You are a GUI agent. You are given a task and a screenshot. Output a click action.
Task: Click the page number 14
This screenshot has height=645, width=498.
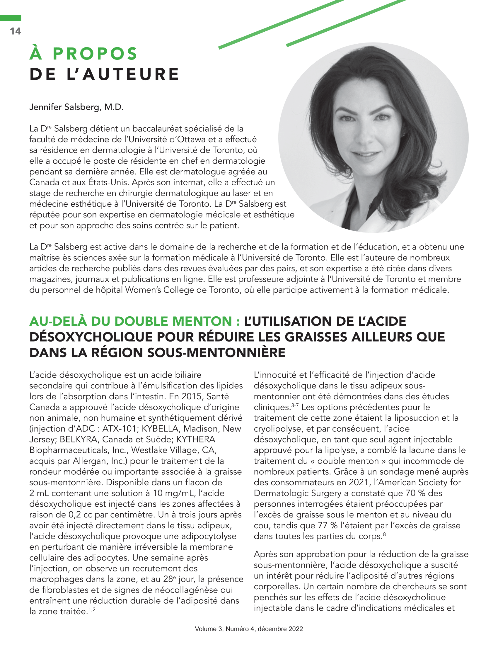[15, 31]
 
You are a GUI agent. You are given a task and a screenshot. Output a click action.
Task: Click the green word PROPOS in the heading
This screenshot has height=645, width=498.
[95, 54]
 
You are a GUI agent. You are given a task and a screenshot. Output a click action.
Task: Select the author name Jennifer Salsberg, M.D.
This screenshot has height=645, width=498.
[76, 107]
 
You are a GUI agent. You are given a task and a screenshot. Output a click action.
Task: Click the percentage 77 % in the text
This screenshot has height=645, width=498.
[330, 525]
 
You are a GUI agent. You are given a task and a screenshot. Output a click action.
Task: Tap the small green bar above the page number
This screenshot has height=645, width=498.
[11, 18]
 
